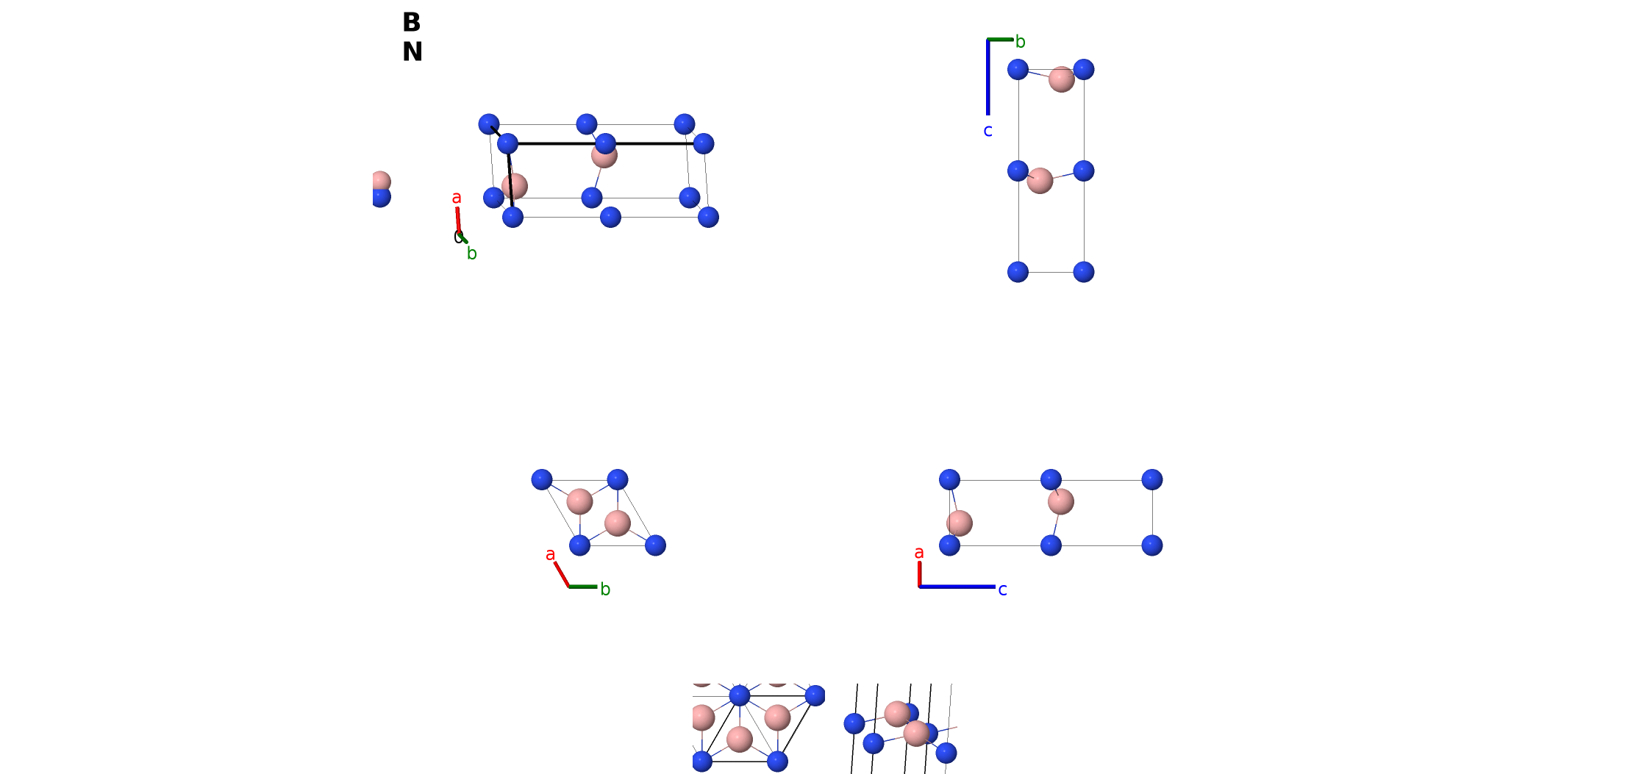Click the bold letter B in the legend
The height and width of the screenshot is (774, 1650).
411,22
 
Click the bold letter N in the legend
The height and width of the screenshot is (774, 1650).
413,51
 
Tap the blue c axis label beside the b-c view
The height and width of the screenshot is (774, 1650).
988,131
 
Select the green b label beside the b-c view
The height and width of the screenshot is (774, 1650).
1020,42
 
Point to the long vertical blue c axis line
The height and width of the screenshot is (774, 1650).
988,77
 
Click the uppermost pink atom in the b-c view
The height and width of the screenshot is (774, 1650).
1061,79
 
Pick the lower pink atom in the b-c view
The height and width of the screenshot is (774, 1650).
1040,180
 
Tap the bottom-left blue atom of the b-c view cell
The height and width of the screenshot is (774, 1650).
1018,272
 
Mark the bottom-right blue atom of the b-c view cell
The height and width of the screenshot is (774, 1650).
1083,272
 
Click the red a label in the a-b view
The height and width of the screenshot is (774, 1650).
550,555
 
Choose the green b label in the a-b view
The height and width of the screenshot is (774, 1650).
605,589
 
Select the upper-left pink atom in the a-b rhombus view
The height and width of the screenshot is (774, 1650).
579,501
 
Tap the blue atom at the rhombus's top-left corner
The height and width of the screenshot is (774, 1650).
542,480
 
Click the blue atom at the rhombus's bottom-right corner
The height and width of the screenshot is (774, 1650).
655,545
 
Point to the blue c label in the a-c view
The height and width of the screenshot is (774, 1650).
1002,590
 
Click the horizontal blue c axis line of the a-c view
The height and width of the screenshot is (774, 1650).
957,587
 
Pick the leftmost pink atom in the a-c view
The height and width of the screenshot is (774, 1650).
959,523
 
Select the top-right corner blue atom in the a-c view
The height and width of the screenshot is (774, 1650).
1152,480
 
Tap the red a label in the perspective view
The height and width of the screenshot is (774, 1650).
457,198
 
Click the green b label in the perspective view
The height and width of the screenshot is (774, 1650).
472,254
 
